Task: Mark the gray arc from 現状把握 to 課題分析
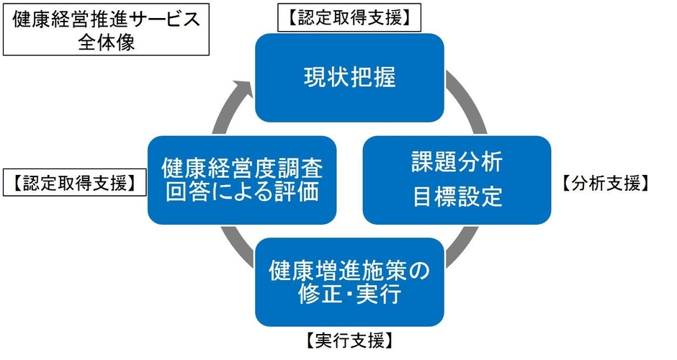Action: (462, 108)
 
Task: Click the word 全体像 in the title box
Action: (106, 41)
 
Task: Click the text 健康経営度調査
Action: (241, 168)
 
